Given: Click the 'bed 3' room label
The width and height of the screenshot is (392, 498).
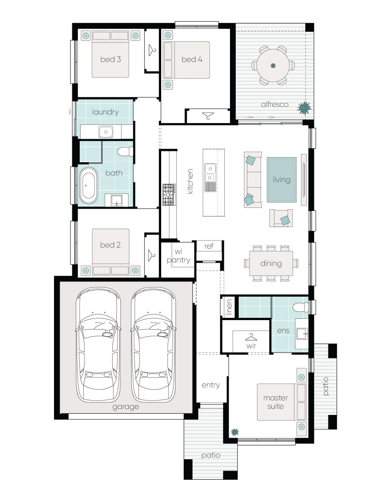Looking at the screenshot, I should [x=110, y=59].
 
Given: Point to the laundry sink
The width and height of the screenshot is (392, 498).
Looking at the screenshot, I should [x=106, y=131].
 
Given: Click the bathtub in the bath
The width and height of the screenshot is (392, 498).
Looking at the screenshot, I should [x=89, y=186].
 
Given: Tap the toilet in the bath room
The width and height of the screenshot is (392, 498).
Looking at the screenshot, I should [x=125, y=152].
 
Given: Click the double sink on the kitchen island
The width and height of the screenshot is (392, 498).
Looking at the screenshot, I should [x=210, y=171].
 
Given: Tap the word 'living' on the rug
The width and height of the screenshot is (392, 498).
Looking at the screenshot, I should [x=281, y=179].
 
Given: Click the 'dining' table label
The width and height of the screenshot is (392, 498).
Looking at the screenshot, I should [x=271, y=263].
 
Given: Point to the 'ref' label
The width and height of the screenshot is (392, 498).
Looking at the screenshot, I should [x=209, y=246].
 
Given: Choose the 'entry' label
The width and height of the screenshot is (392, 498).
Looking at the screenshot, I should [x=211, y=385].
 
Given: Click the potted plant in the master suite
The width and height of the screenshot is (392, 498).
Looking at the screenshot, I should [x=235, y=432].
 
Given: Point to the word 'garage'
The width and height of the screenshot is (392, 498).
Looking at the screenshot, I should [x=125, y=407].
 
